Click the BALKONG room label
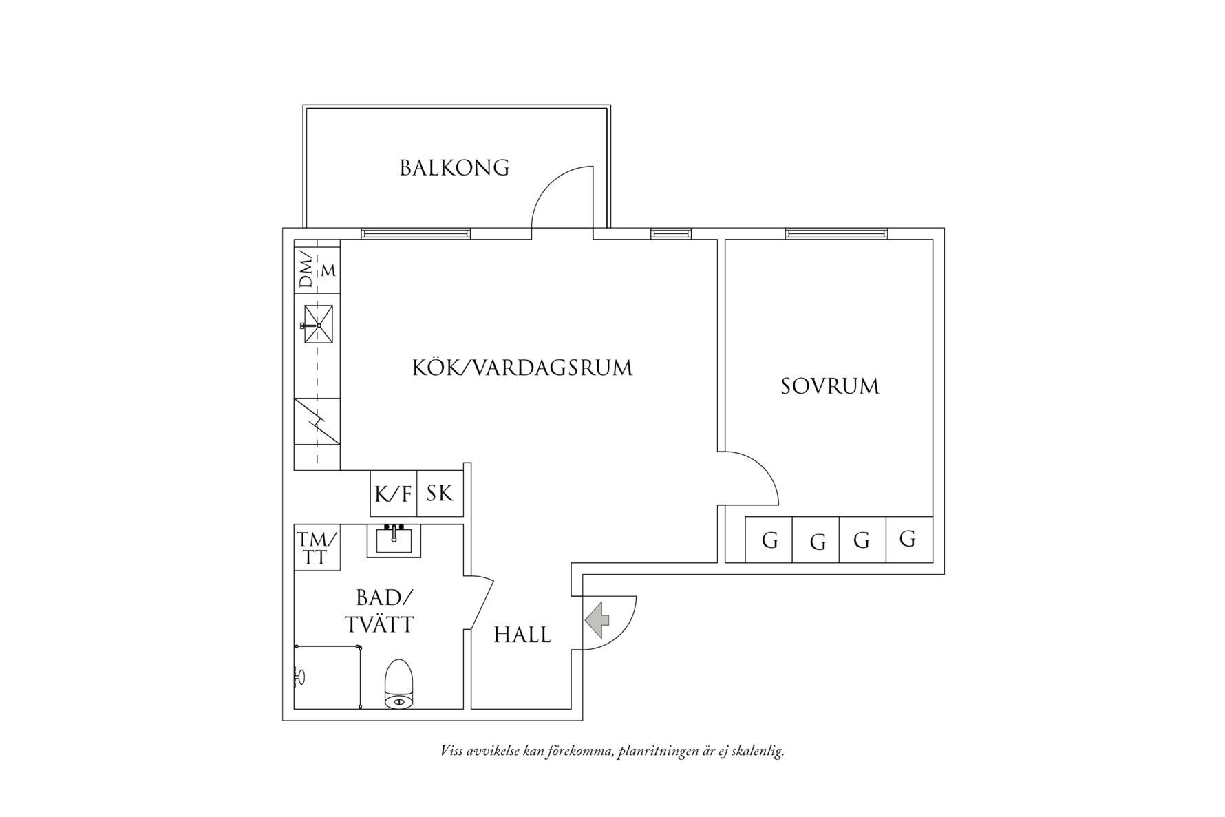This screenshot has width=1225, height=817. tap(454, 168)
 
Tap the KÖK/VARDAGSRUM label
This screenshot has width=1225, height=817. tap(522, 368)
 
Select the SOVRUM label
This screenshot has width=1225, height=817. tap(830, 386)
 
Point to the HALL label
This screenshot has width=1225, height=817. tap(522, 635)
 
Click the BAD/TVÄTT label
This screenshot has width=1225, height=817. tap(380, 611)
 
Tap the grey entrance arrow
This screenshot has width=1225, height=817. tap(597, 619)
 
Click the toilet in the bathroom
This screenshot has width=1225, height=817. tap(398, 684)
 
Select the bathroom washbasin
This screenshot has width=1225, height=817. tap(394, 540)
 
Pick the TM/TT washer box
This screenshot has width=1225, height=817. tap(317, 548)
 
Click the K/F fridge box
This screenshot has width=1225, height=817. tap(394, 494)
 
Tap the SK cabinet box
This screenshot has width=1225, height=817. tap(440, 494)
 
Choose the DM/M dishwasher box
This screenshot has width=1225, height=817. tap(317, 270)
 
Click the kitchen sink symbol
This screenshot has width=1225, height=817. tap(318, 325)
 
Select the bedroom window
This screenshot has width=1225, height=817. tap(836, 234)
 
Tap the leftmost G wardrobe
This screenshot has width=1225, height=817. tap(769, 540)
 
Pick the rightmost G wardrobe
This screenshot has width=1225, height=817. tap(908, 540)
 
